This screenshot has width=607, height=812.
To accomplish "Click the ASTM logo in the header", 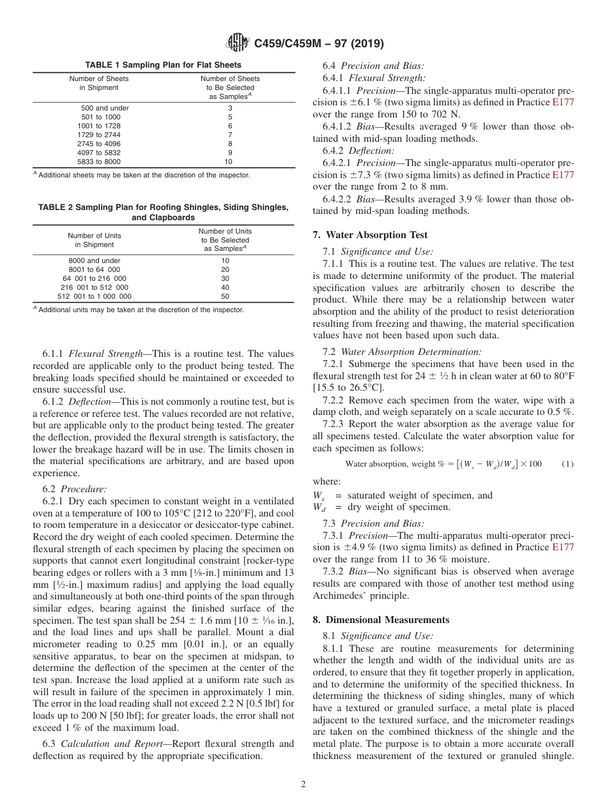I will coord(238,43).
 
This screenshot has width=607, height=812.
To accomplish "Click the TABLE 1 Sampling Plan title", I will coord(163,65).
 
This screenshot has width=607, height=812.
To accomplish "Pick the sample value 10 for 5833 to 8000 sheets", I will coord(228,162).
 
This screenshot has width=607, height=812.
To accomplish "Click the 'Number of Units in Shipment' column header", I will coord(94,240).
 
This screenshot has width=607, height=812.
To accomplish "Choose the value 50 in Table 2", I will coord(225,296).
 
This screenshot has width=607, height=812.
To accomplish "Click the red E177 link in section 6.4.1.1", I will coord(563,102).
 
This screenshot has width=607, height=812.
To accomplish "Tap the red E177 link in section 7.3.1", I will coord(563,547).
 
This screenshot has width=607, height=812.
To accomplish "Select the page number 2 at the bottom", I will coord(303,785).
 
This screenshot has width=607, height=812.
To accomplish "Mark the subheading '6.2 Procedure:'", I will coord(75,489).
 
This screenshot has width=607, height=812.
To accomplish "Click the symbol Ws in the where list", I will coord(318,496).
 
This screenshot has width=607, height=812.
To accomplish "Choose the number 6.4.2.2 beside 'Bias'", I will coord(341,199).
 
